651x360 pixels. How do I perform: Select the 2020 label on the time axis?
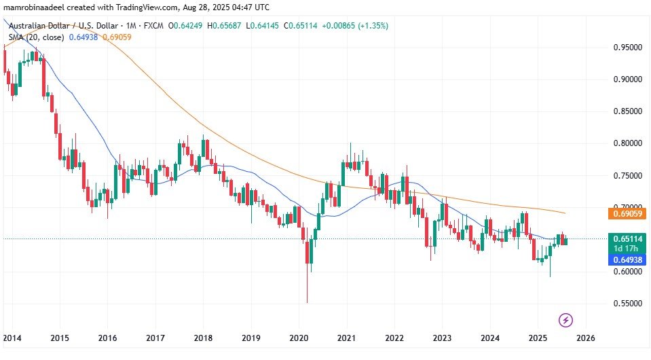299,338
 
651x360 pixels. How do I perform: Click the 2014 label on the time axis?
12,338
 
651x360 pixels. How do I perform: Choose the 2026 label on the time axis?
585,338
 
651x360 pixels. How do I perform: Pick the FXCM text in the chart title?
153,26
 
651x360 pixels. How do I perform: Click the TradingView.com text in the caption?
146,7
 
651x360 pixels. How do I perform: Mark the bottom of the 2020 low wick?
307,303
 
